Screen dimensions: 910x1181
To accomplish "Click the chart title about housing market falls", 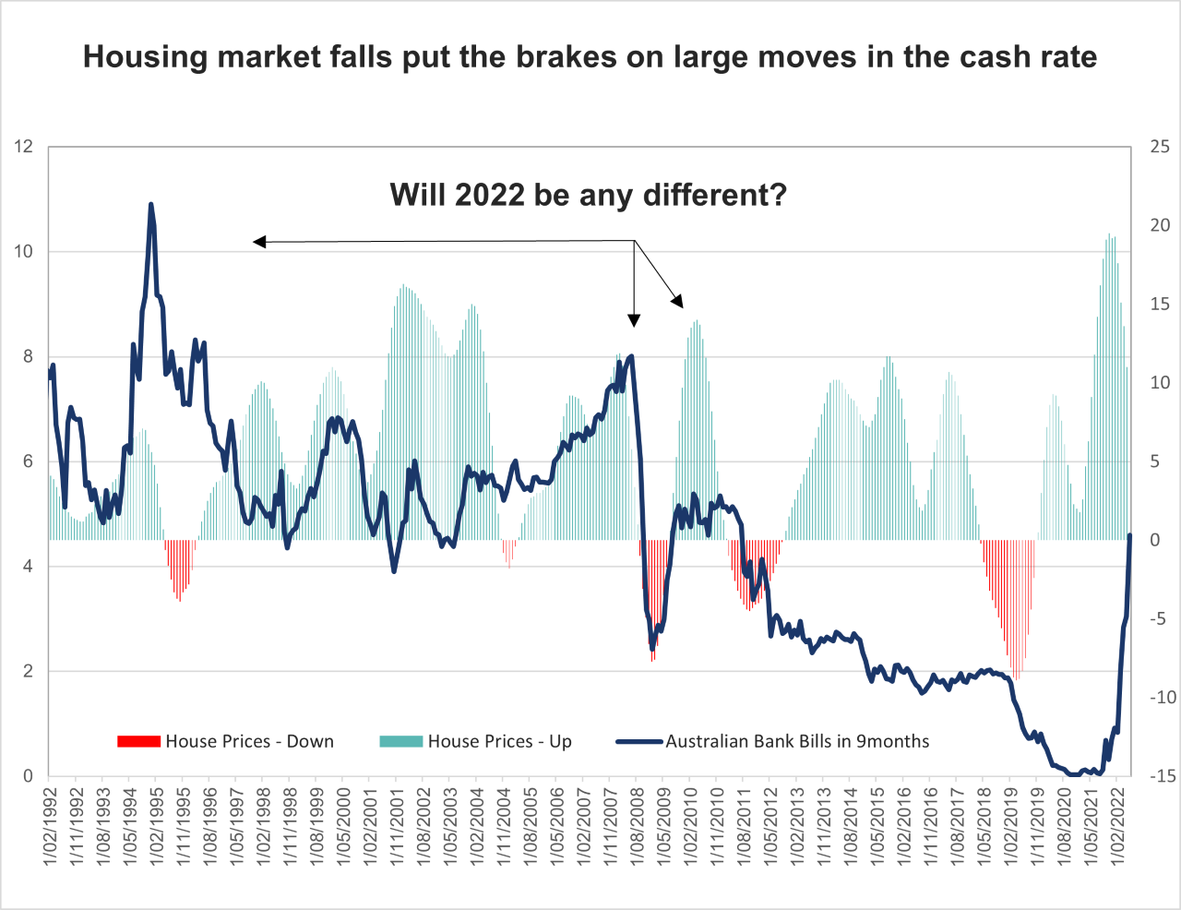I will (x=590, y=57).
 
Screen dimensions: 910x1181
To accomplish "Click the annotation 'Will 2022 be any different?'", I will (x=588, y=195).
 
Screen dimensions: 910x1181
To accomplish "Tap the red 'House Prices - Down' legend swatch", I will (x=138, y=741).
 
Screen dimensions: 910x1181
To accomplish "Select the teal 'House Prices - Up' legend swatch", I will (x=400, y=741).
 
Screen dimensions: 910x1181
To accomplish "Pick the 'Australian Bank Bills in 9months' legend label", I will (x=797, y=741).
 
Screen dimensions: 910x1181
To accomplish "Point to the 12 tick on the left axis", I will (x=24, y=147).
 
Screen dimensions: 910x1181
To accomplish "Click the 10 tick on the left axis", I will (x=24, y=252).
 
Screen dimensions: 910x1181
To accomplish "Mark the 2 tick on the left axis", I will (x=29, y=671).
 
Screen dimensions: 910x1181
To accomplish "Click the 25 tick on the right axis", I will (x=1160, y=147).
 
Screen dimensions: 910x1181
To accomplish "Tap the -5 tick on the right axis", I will (x=1160, y=618).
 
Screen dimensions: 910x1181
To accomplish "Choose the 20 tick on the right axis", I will (x=1160, y=225).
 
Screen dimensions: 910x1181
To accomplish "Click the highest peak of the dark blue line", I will (x=150, y=204).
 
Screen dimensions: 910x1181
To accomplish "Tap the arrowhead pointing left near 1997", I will (x=259, y=242).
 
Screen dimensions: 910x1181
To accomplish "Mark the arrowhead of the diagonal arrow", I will (x=679, y=302).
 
